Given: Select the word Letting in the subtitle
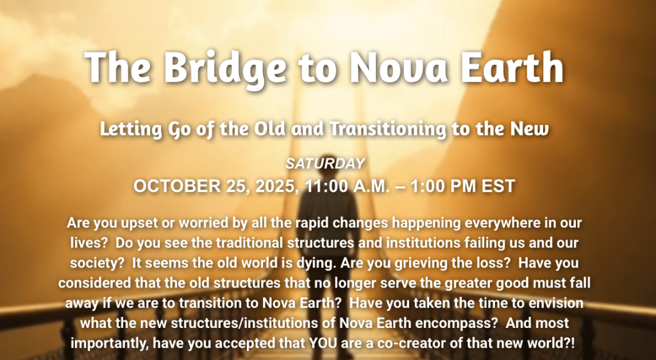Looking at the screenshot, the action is (131, 130).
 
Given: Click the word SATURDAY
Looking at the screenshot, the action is (326, 163).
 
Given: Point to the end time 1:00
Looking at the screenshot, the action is (427, 186).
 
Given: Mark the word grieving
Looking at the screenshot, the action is (424, 263).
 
